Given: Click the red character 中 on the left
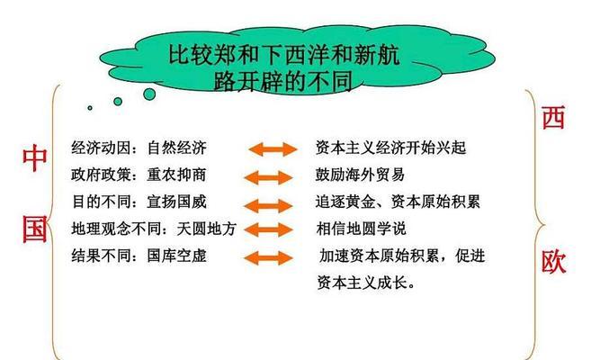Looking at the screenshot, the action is coord(35,158).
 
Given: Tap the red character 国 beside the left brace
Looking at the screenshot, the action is coord(35,229).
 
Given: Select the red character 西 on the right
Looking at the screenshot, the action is coord(553,118).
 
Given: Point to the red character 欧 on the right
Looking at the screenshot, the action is coord(553,262).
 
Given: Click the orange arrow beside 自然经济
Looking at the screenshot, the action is coord(273,148).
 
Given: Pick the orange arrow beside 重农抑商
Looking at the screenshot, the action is coord(268,177).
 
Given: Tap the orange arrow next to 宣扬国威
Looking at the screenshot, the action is coord(268,206).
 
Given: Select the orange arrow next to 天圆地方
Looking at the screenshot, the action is coord(268,229).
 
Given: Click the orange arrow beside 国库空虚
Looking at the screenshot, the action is coord(268,257).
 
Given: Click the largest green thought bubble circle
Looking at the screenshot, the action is coord(149,94).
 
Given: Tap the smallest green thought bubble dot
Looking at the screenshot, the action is coord(90,108).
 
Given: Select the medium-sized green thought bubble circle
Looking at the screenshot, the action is coord(118,102).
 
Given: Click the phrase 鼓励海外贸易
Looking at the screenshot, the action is coord(360,175).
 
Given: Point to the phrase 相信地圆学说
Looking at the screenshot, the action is coord(361,229).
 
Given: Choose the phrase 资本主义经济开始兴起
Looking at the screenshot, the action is coord(390,148).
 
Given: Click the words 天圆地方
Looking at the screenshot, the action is coord(207,229).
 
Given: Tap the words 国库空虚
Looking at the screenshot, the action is coord(177,256).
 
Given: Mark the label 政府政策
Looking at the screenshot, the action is coord(101,175).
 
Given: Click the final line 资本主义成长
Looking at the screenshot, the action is coord(366,283).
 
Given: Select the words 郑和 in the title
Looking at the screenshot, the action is coord(236,55).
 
